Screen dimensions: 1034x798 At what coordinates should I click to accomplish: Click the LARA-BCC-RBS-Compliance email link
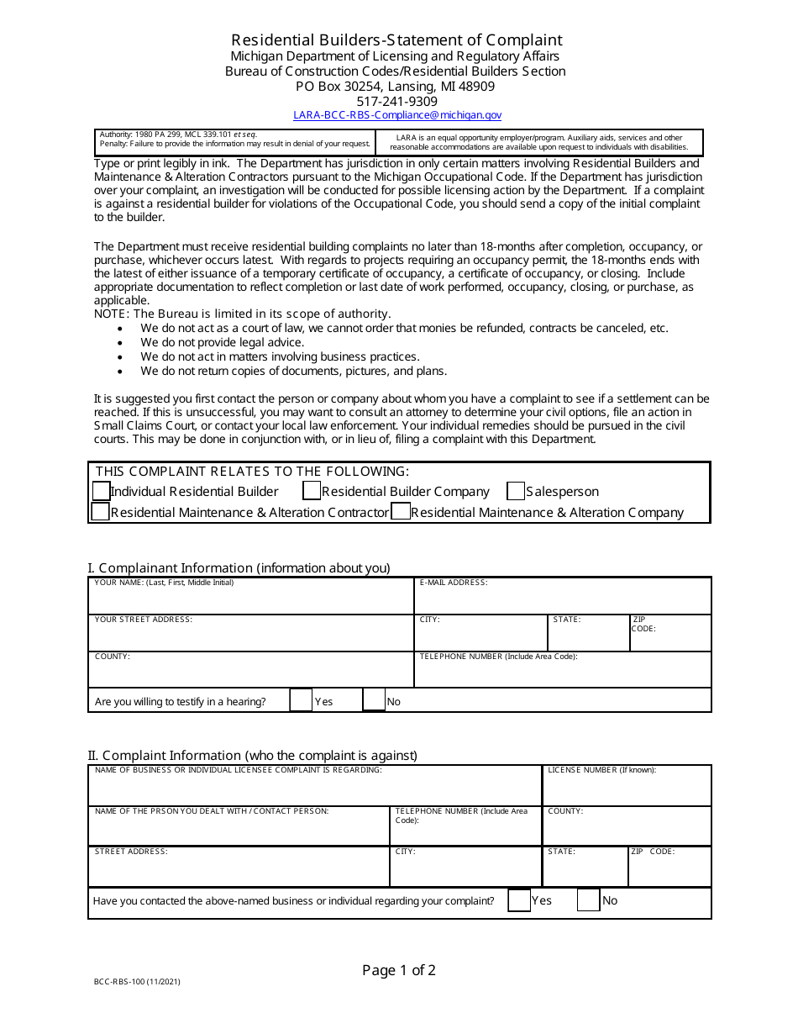[397, 115]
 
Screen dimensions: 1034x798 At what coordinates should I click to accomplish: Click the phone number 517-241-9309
[396, 101]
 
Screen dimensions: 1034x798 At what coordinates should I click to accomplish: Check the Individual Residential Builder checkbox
[101, 491]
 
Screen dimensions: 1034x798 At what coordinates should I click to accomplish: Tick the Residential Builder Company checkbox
[312, 491]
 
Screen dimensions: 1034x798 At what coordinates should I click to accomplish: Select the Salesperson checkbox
[516, 491]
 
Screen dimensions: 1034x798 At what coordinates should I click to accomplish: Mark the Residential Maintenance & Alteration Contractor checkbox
[101, 511]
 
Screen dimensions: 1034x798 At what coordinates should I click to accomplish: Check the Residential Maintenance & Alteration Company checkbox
[401, 511]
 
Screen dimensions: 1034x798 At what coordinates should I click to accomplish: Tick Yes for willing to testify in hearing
[301, 700]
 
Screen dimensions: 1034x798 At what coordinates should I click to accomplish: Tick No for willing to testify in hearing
[374, 700]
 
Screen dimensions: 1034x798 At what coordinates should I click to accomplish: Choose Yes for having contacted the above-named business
[520, 900]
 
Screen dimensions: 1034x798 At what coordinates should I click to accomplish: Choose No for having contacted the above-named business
[588, 900]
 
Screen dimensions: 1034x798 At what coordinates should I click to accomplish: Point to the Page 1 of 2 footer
[399, 970]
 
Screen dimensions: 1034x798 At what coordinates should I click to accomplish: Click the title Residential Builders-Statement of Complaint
[396, 40]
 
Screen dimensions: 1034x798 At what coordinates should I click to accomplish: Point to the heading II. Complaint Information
[252, 755]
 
